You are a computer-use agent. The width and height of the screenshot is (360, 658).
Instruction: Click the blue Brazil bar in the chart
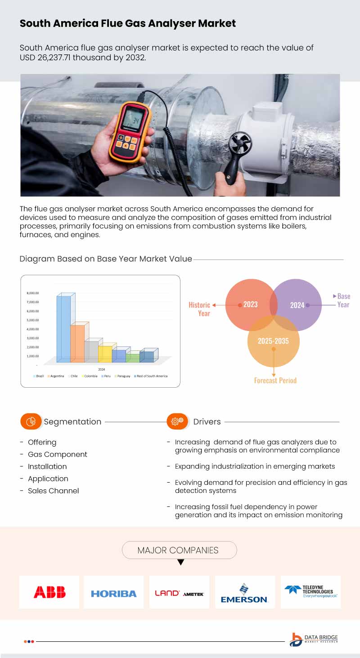pyautogui.click(x=63, y=328)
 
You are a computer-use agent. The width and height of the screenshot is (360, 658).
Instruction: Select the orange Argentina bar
pyautogui.click(x=77, y=343)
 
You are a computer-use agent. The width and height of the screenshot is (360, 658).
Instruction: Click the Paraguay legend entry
pyautogui.click(x=123, y=376)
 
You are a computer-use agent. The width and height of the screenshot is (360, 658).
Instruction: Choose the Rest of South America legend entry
pyautogui.click(x=152, y=376)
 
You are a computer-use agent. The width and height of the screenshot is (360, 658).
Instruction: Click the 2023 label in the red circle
pyautogui.click(x=250, y=304)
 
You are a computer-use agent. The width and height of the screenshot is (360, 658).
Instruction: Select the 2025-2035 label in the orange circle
pyautogui.click(x=273, y=341)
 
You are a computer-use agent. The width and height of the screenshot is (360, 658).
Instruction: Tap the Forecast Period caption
pyautogui.click(x=275, y=380)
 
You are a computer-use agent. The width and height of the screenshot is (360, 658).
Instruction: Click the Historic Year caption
pyautogui.click(x=199, y=309)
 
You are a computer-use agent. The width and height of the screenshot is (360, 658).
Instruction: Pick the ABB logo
pyautogui.click(x=49, y=592)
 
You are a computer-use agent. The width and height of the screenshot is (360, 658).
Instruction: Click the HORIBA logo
pyautogui.click(x=114, y=594)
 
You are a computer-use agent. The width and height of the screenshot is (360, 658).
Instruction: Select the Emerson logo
pyautogui.click(x=244, y=593)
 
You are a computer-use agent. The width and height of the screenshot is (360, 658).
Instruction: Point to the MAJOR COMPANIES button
pyautogui.click(x=178, y=550)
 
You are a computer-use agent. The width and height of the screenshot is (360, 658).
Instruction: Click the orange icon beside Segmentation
pyautogui.click(x=31, y=421)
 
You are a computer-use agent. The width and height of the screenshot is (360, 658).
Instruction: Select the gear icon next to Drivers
pyautogui.click(x=177, y=421)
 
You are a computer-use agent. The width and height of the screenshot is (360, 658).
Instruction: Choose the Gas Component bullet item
pyautogui.click(x=58, y=454)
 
